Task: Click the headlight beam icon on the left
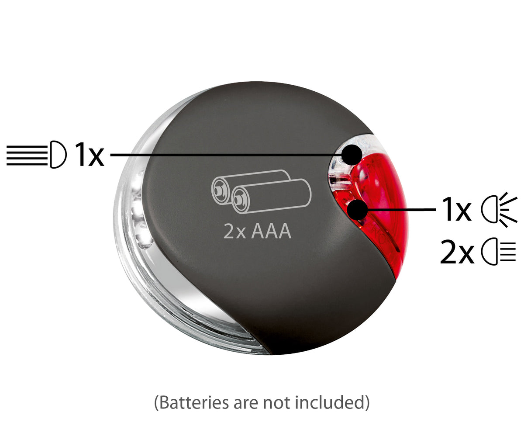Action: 37,155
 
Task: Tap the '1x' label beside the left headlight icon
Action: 90,155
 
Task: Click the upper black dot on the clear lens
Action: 352,155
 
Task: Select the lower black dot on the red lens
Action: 357,209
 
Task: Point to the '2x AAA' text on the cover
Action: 257,231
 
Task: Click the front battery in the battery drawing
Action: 271,196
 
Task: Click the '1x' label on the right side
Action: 456,209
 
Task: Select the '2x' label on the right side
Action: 457,251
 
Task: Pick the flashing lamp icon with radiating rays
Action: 499,209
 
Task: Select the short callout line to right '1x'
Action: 402,209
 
